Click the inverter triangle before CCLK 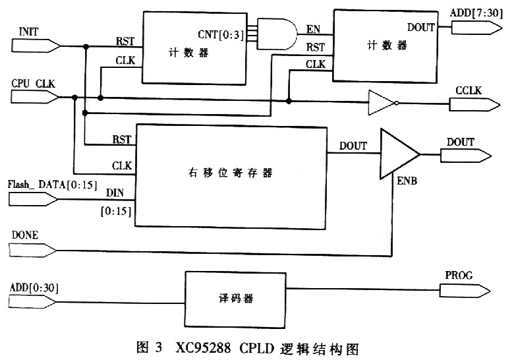[381, 103]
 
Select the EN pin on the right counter [314, 29]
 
